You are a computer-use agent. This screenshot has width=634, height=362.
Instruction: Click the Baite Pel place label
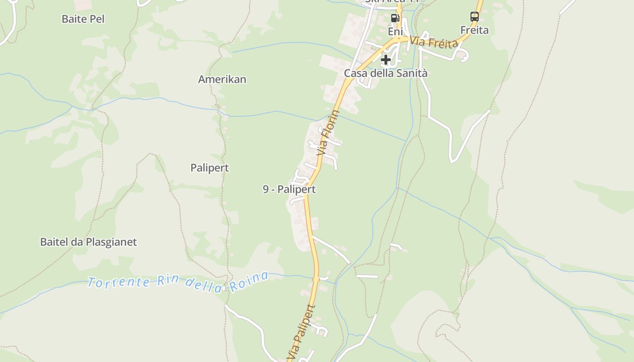(83, 19)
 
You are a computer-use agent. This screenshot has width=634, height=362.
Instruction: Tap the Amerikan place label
(222, 79)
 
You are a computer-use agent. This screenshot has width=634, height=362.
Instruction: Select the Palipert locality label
(209, 168)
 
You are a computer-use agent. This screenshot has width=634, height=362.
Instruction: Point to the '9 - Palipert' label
(289, 189)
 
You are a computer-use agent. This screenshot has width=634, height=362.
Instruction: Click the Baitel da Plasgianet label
(88, 242)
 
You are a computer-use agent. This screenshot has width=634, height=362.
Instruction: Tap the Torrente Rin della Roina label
(178, 282)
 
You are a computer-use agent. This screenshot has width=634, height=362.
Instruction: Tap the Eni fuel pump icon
(395, 18)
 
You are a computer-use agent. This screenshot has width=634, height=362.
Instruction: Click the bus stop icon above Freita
(474, 17)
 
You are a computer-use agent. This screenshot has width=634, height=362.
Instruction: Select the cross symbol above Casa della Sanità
(385, 59)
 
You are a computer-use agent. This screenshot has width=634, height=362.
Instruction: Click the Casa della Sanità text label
(385, 73)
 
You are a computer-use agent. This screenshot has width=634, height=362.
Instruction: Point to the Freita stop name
(474, 30)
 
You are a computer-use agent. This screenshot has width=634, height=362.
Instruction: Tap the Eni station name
(395, 31)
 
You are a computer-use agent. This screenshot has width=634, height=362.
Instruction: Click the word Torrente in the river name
(119, 282)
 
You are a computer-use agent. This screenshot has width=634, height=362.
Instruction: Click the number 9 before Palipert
(266, 189)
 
